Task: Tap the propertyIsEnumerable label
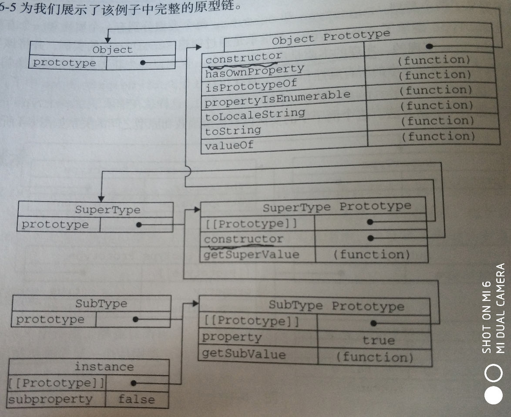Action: [x=277, y=98]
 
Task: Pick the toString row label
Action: [x=233, y=131]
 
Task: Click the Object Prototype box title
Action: [x=330, y=37]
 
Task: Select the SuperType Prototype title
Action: [x=336, y=206]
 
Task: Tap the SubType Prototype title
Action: [x=336, y=306]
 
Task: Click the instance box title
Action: [x=104, y=367]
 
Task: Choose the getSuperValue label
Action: [x=251, y=254]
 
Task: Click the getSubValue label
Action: [x=244, y=354]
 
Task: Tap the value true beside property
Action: [x=378, y=340]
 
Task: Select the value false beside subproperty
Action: [x=136, y=399]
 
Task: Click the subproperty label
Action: [x=50, y=399]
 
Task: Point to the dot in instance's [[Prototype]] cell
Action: [x=134, y=383]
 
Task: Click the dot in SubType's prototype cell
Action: [x=135, y=319]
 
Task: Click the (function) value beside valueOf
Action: [x=437, y=137]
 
